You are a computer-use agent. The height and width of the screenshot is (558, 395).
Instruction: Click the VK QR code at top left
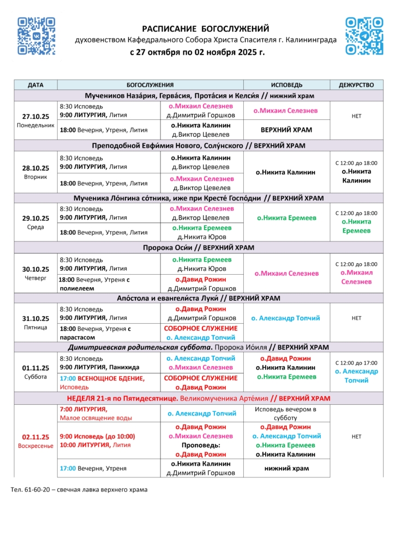point(37,36)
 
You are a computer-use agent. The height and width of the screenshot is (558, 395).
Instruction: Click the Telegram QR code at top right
point(364,36)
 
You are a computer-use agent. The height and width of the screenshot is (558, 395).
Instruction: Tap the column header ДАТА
point(35,85)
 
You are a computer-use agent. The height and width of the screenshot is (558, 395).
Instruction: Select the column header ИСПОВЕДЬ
point(286,85)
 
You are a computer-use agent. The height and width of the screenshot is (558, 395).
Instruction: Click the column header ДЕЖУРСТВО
point(356,85)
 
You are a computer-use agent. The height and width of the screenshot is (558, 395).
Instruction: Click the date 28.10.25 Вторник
point(35,172)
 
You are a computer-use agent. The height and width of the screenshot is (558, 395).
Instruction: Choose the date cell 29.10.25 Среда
point(35,222)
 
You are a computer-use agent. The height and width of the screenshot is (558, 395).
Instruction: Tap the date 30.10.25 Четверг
point(35,273)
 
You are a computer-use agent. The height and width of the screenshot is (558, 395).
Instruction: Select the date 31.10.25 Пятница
point(35,323)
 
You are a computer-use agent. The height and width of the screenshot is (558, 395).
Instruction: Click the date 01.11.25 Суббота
point(35,372)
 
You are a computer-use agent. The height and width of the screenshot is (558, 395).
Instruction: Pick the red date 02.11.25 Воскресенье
point(35,441)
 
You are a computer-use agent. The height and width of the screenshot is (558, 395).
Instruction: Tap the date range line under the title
point(197,53)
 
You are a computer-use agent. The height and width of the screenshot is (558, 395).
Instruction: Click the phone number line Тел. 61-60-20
point(79,489)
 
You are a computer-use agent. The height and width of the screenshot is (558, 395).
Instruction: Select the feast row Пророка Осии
point(199,248)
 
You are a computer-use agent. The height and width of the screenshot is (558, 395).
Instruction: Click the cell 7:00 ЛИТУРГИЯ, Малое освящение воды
point(109,414)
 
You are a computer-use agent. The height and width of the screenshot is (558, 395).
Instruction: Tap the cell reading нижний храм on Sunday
point(286,468)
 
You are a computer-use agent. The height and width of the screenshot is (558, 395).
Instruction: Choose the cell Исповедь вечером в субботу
point(286,414)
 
